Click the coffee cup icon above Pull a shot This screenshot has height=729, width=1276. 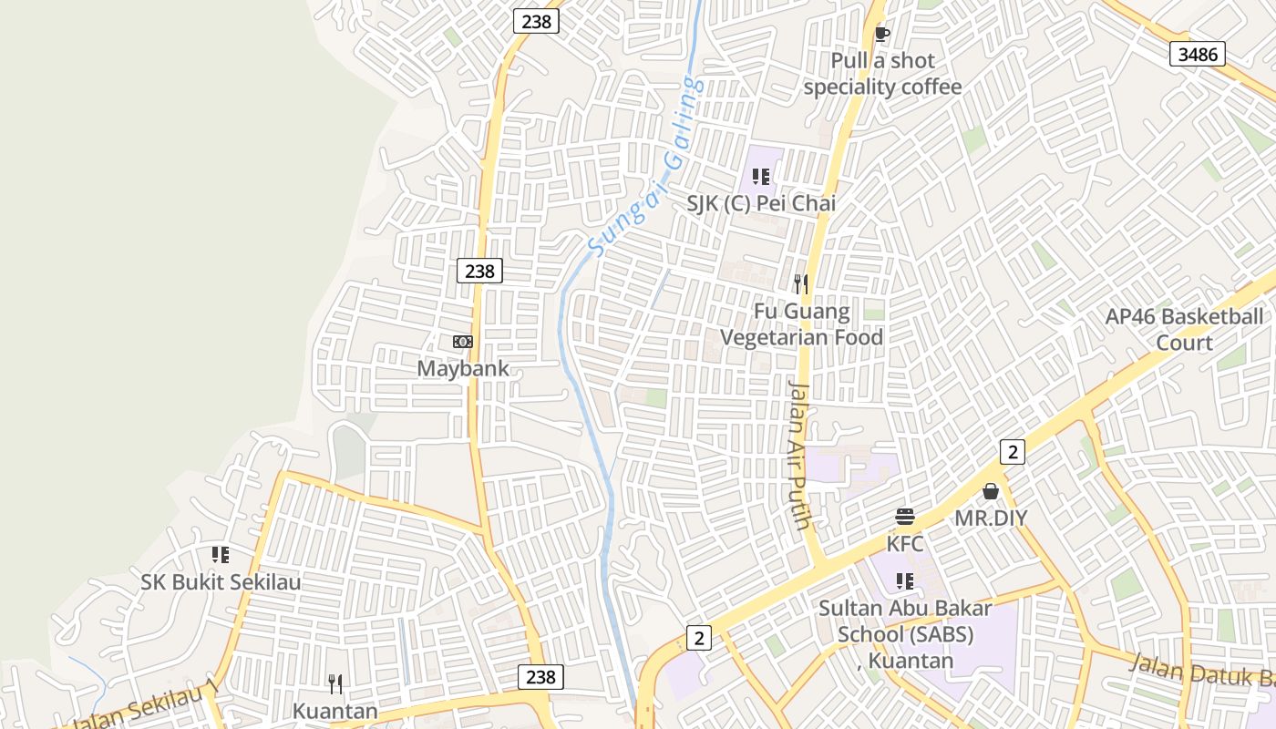point(881,34)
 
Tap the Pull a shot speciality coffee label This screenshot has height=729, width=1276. point(882,74)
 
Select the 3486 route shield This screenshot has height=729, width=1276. point(1197,55)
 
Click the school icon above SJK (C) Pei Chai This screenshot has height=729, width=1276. point(761,176)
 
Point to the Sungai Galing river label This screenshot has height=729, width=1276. point(645,167)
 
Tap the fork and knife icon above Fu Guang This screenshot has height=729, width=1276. point(801,283)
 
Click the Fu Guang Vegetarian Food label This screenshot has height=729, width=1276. point(802,324)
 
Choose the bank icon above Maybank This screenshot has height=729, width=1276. point(463,342)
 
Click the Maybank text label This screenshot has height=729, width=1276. point(463,369)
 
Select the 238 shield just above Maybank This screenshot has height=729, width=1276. point(479,271)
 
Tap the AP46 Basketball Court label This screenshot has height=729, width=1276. point(1184,330)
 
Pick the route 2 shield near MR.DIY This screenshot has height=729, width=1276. point(1012,451)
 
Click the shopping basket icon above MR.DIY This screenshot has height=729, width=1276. point(991,492)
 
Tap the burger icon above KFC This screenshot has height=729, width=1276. point(905,518)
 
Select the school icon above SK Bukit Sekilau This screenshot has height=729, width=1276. point(221,554)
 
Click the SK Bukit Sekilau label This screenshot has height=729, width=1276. point(221,581)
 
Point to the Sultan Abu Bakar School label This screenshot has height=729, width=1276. point(905,633)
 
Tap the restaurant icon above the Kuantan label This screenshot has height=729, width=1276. point(335,684)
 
